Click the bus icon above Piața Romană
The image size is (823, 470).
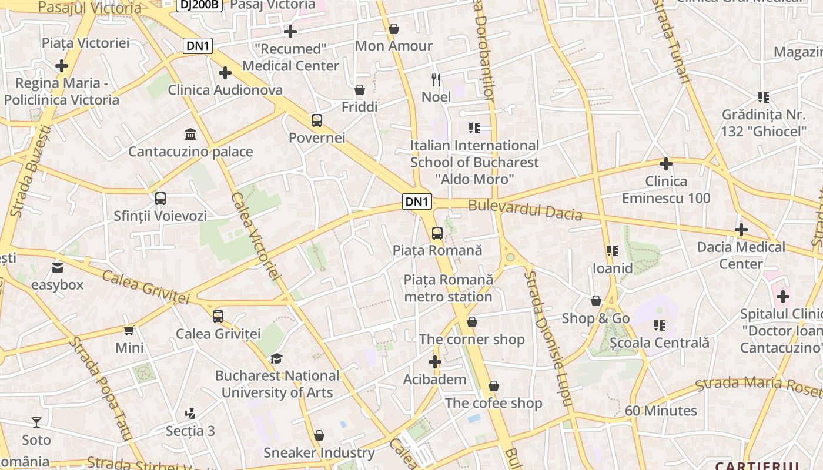pyautogui.click(x=437, y=233)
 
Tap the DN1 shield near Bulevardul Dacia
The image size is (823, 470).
pyautogui.click(x=417, y=202)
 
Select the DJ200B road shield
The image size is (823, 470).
pyautogui.click(x=199, y=5)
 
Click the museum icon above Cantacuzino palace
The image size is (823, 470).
pyautogui.click(x=190, y=135)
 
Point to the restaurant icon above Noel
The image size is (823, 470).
pyautogui.click(x=436, y=80)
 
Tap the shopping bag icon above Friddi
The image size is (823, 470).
pyautogui.click(x=359, y=90)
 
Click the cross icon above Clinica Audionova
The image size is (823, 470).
pyautogui.click(x=225, y=73)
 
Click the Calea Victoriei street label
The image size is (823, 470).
pyautogui.click(x=254, y=235)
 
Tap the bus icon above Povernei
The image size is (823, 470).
pyautogui.click(x=317, y=120)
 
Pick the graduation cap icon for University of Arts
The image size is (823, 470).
pyautogui.click(x=276, y=358)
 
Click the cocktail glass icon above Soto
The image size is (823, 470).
pyautogui.click(x=36, y=422)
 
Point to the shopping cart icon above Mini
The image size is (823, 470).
pyautogui.click(x=129, y=330)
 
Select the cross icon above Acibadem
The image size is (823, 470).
pyautogui.click(x=435, y=362)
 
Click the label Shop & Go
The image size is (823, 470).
pyautogui.click(x=595, y=318)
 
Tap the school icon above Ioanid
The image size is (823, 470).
pyautogui.click(x=613, y=251)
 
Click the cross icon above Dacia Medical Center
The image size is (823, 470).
pyautogui.click(x=741, y=230)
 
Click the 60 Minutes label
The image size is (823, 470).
pyautogui.click(x=661, y=411)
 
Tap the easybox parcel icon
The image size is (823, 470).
pyautogui.click(x=58, y=268)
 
